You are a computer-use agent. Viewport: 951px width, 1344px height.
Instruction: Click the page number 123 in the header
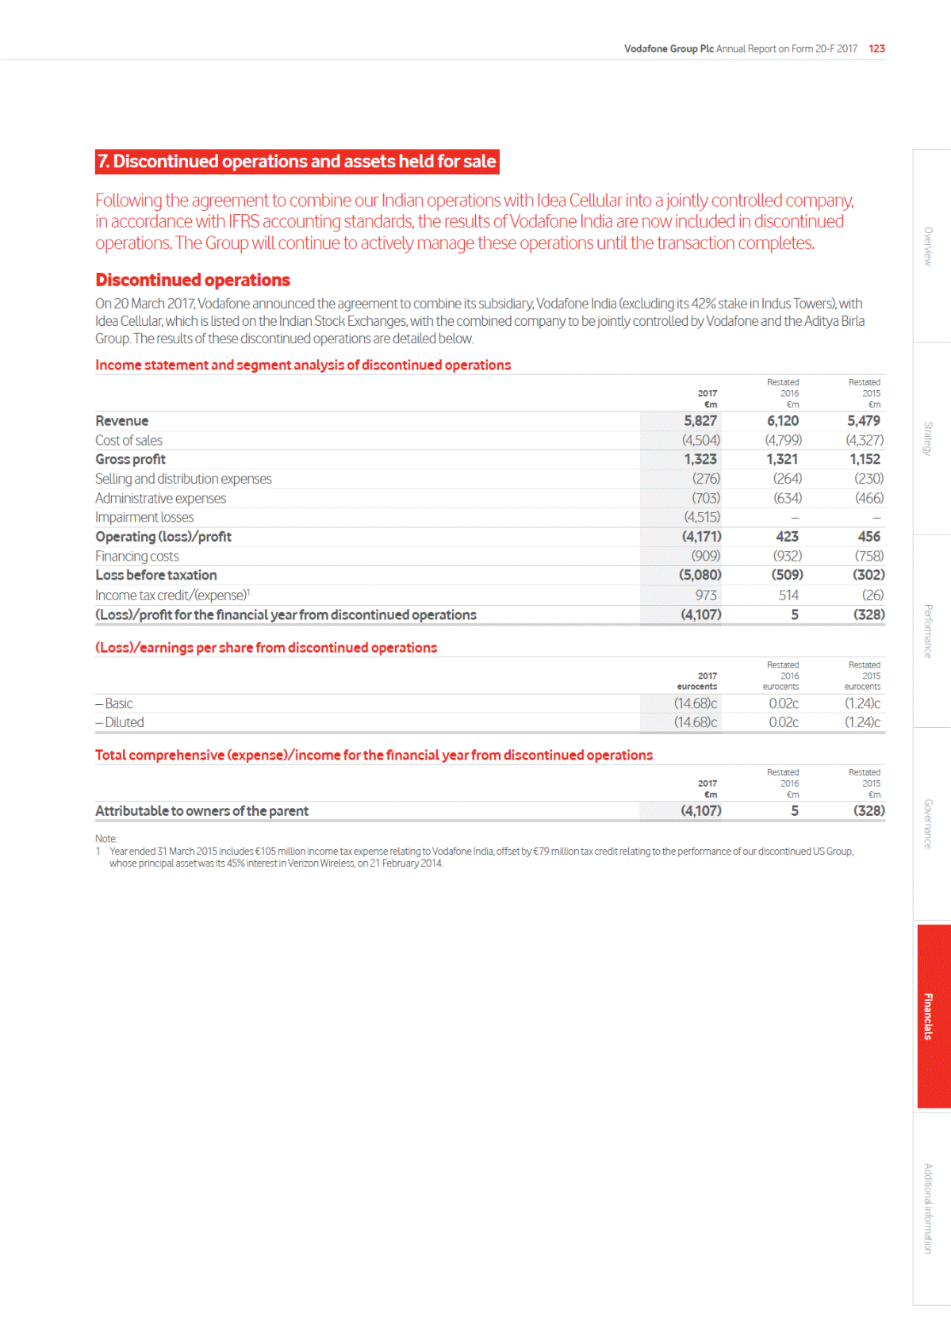[x=876, y=49]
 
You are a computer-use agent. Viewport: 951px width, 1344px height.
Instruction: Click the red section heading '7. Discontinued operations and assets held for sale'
[x=297, y=162]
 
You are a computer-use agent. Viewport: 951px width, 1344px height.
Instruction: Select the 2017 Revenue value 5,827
[x=700, y=421]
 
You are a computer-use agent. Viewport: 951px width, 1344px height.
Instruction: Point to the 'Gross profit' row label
[x=130, y=460]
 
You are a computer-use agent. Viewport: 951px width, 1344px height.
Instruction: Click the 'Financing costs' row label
[x=136, y=557]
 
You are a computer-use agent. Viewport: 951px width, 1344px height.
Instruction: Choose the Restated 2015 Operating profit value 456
[x=869, y=537]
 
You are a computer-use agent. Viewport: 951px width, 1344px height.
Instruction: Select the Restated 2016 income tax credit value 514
[x=788, y=595]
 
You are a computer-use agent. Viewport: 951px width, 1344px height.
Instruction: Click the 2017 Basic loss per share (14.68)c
[x=696, y=704]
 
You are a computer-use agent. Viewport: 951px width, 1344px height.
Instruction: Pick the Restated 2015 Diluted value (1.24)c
[x=862, y=723]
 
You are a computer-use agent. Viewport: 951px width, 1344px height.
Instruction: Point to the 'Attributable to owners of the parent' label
[x=201, y=811]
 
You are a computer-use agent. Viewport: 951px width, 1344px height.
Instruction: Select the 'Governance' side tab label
[x=928, y=824]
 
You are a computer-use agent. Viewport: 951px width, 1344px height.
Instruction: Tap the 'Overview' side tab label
[x=928, y=247]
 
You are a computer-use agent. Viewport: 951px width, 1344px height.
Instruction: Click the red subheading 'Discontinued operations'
[x=193, y=281]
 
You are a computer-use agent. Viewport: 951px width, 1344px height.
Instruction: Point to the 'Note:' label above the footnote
[x=105, y=839]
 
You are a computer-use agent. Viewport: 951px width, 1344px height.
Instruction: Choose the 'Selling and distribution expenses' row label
[x=183, y=479]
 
